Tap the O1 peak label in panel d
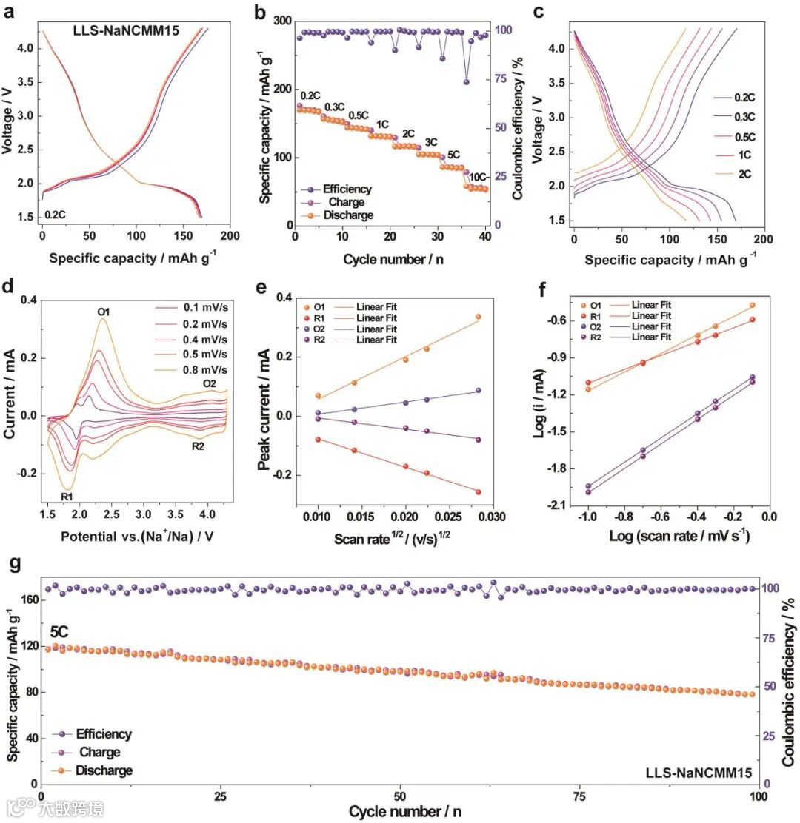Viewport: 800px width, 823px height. pos(104,312)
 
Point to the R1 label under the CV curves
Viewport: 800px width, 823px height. pos(67,496)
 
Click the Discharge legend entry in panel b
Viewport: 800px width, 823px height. pos(347,215)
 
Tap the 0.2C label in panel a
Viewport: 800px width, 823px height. pos(56,215)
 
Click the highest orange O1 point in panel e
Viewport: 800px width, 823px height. pos(479,317)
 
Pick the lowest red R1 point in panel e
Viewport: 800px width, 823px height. pos(479,491)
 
